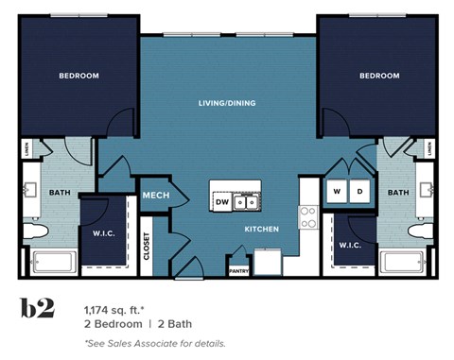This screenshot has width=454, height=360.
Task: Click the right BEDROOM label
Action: (x=378, y=76)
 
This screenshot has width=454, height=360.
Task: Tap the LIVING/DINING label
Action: (x=227, y=103)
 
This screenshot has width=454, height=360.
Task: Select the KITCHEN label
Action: (x=261, y=230)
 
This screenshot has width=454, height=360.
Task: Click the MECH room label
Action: (x=155, y=196)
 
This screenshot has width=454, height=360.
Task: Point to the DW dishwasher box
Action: (x=222, y=201)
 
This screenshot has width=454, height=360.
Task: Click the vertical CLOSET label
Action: (x=147, y=246)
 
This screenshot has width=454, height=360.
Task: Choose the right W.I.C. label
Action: (x=349, y=245)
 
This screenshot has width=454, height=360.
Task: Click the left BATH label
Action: (x=47, y=193)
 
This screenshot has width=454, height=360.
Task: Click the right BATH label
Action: (x=398, y=193)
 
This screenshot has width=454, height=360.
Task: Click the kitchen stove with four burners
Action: (x=307, y=218)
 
